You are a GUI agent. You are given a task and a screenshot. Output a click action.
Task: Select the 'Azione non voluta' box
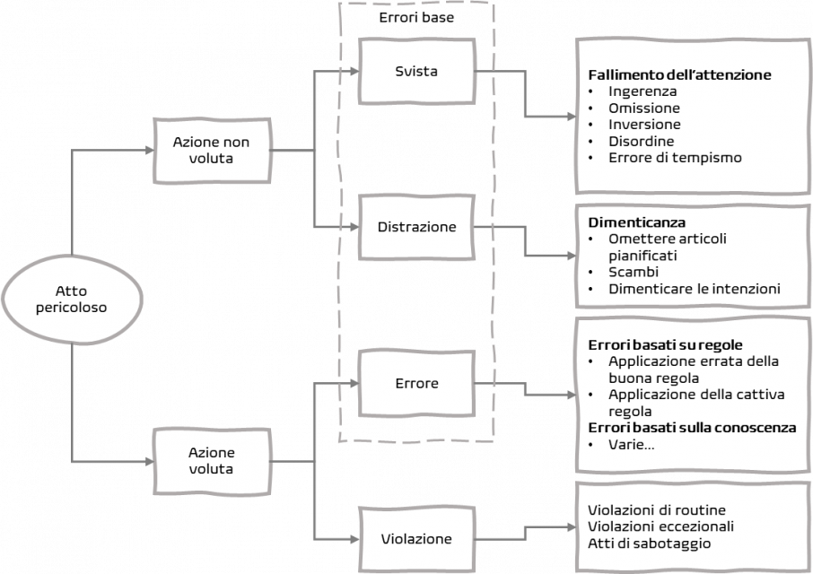coord(212,150)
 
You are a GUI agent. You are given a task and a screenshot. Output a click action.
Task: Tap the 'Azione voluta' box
coord(212,460)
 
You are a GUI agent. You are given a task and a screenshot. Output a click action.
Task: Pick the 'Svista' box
coord(416,71)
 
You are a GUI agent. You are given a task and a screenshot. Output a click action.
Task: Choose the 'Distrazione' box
coord(416,228)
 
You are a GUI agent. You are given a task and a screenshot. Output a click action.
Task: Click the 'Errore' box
coord(416,384)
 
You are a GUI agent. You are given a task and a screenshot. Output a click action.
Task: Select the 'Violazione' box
coord(416,540)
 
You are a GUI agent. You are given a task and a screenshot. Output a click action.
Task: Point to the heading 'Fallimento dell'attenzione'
coord(679,75)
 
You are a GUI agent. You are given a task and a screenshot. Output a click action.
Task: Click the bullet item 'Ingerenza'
coord(643,91)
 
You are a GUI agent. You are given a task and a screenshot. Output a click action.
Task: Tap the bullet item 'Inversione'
coord(644,125)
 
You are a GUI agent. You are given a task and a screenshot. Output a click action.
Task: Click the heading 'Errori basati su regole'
coord(665,344)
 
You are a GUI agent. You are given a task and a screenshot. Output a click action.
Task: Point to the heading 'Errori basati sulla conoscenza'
coord(692,428)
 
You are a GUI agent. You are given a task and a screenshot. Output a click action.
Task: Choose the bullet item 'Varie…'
coord(631,445)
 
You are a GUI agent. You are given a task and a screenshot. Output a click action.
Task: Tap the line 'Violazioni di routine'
coord(657,510)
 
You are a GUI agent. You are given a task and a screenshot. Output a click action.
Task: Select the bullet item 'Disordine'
coord(641,142)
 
